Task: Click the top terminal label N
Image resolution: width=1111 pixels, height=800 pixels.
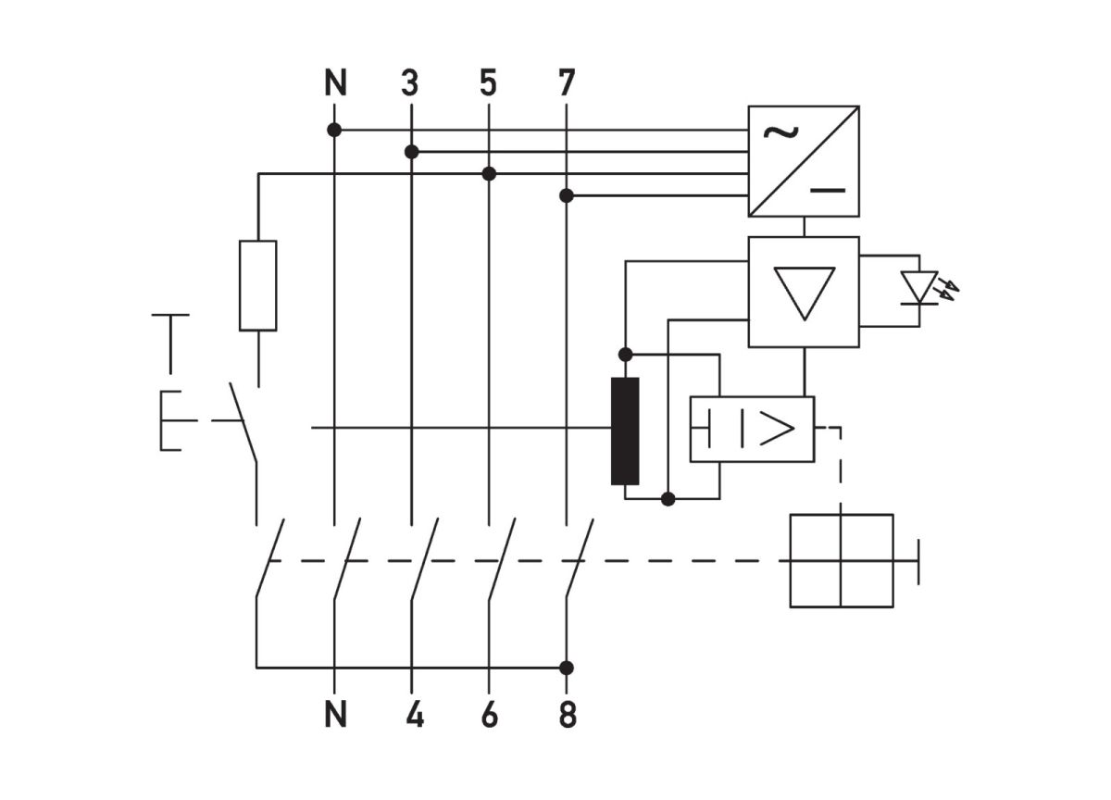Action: coord(335,84)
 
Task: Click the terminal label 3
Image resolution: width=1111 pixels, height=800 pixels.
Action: coord(410,84)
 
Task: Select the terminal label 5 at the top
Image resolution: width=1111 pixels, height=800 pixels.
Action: coord(488,84)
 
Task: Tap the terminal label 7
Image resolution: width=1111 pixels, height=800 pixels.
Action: coord(567,84)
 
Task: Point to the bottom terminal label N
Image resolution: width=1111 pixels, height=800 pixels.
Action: coord(335,715)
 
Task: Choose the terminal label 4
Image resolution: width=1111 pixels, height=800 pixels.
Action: coord(414,715)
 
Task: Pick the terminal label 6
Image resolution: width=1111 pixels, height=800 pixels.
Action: coord(490,715)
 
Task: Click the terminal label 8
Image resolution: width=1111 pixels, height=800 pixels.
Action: coord(568,715)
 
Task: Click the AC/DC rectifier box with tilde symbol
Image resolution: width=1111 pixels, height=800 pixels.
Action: coord(804,161)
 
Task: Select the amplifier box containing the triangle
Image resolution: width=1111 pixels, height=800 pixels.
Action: coord(804,292)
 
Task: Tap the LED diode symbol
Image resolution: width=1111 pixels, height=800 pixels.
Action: coord(920,288)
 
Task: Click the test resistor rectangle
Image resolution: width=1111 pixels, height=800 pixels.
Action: coord(257,285)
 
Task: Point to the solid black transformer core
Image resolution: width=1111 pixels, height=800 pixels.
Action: coord(625,431)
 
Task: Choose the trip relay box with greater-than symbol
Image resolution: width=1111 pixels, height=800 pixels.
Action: coord(752,429)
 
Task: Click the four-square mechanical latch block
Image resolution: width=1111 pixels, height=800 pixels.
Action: coord(841,560)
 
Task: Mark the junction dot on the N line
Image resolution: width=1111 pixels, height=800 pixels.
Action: coord(334,131)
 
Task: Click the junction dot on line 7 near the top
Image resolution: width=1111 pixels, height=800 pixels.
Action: coord(567,195)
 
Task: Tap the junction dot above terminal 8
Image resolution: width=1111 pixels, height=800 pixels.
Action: coord(567,668)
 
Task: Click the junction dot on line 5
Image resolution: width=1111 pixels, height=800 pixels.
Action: coord(489,173)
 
